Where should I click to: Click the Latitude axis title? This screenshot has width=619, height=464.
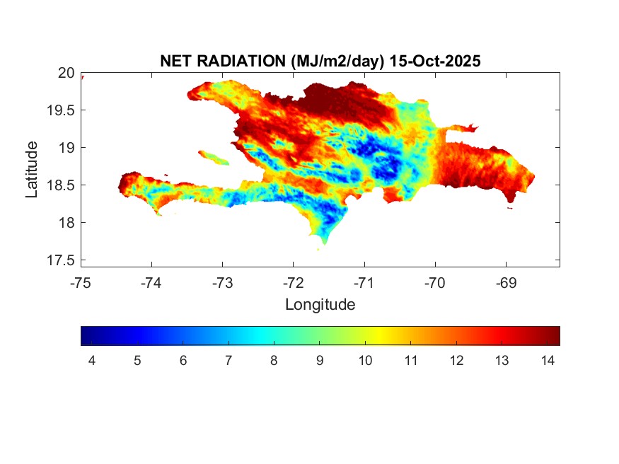[x=32, y=169]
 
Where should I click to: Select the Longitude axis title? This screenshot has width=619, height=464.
[x=320, y=305]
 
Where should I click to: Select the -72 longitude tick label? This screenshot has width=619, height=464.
[x=294, y=283]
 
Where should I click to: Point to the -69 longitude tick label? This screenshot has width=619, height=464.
[x=507, y=283]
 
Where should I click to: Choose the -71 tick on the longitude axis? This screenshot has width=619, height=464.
[x=364, y=283]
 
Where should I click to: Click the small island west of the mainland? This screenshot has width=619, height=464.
[x=214, y=157]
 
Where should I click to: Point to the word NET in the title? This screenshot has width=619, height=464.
[x=176, y=62]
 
